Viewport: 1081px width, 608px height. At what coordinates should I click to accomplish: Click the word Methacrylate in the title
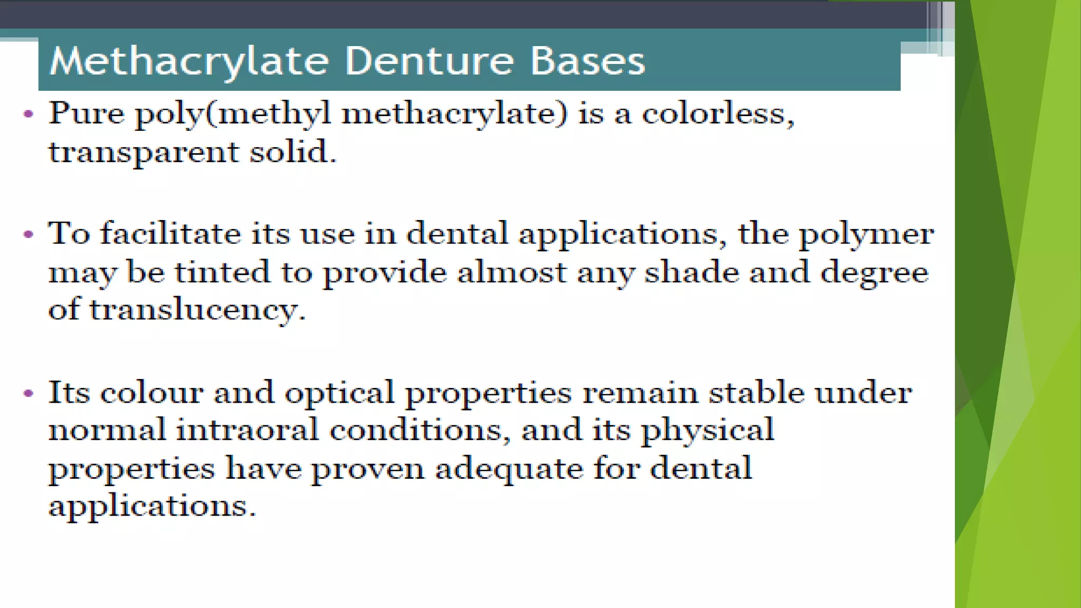coord(189,61)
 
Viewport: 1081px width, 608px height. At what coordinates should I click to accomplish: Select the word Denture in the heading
coord(429,61)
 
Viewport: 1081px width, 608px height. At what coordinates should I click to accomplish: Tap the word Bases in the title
coord(587,61)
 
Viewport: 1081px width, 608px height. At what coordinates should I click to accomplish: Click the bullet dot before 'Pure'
coord(29,113)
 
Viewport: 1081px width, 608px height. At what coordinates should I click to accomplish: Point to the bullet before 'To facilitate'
coord(29,234)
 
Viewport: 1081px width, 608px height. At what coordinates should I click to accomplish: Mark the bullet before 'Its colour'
coord(29,393)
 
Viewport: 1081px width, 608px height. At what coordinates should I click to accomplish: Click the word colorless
coord(717,113)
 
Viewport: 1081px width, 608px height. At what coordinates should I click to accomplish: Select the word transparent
coord(144,153)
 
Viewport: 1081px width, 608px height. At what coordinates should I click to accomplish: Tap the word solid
coord(292,153)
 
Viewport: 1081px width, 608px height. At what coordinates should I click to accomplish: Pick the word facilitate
coord(170,233)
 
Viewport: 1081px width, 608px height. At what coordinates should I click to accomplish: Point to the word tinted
coord(222,272)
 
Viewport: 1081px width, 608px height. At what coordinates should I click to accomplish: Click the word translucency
coord(197,310)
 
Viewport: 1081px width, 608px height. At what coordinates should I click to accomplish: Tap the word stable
coord(756,393)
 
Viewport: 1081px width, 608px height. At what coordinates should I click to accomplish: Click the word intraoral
coord(247,430)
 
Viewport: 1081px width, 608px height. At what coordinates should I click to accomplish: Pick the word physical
coord(707,431)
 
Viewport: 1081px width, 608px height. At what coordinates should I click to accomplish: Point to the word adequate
coord(509,469)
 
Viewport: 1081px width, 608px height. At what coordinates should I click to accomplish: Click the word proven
coord(367,469)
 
